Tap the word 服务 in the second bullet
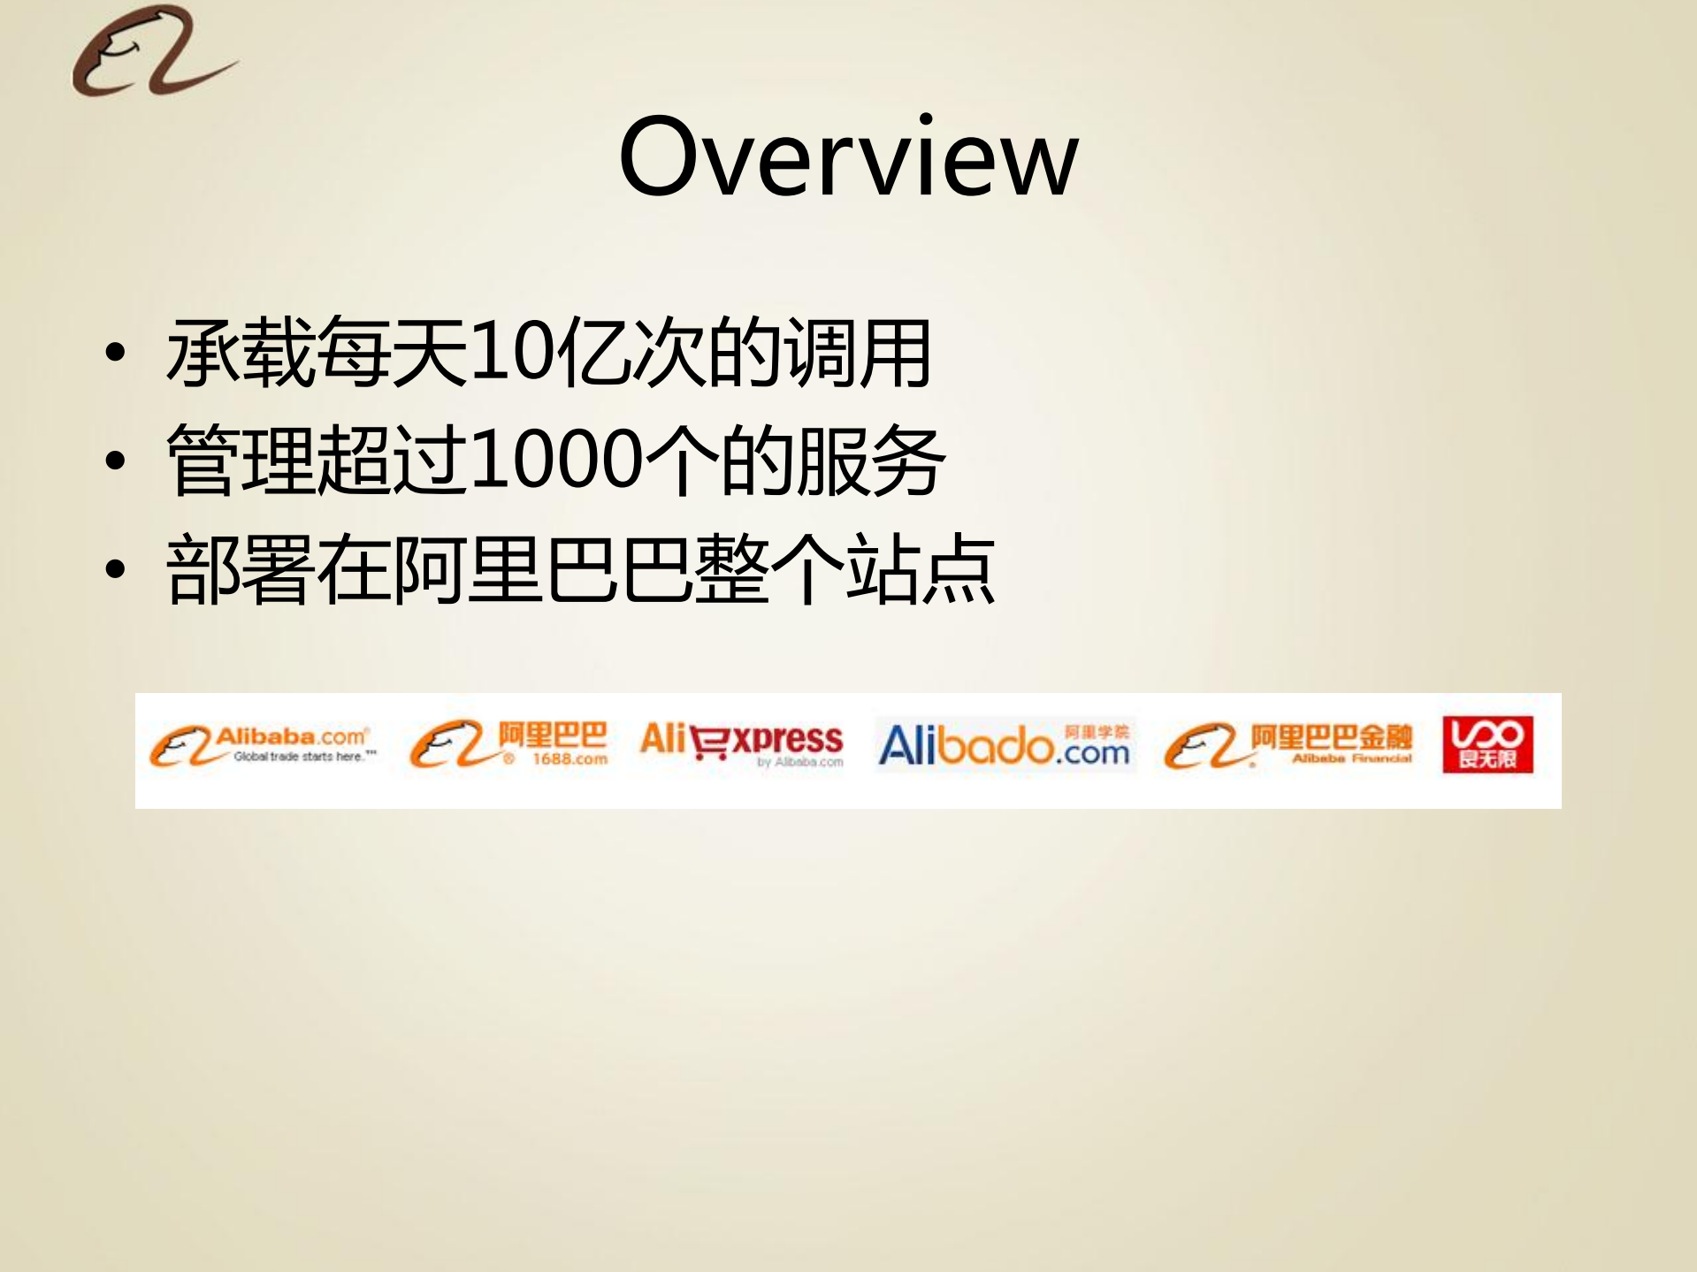tap(870, 460)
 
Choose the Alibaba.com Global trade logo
tap(264, 745)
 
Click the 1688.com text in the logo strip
tap(569, 759)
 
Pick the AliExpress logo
tap(741, 743)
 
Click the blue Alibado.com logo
tap(1004, 745)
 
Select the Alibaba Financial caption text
tap(1351, 758)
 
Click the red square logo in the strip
tap(1487, 744)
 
